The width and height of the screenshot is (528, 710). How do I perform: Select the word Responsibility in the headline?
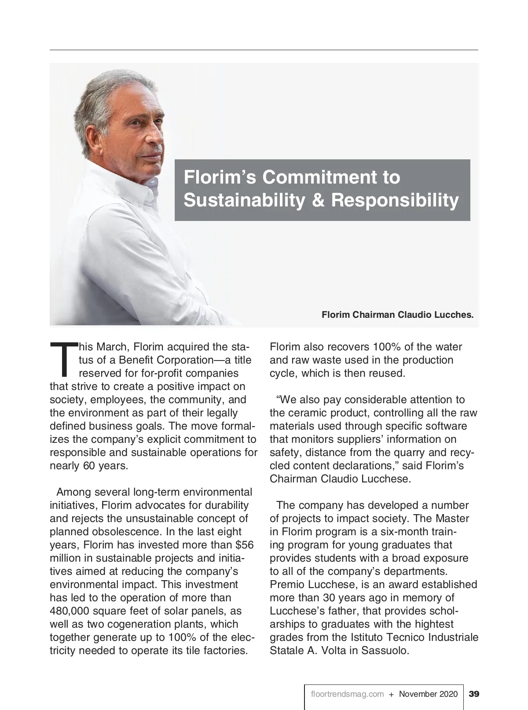(x=395, y=200)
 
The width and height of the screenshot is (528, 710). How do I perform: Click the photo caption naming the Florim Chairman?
(x=397, y=315)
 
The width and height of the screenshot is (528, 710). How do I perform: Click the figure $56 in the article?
(x=245, y=545)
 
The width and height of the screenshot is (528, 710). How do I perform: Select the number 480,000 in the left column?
(x=71, y=611)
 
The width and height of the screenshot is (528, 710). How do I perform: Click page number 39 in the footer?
(x=474, y=694)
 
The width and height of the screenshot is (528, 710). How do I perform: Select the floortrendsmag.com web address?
(x=347, y=694)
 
